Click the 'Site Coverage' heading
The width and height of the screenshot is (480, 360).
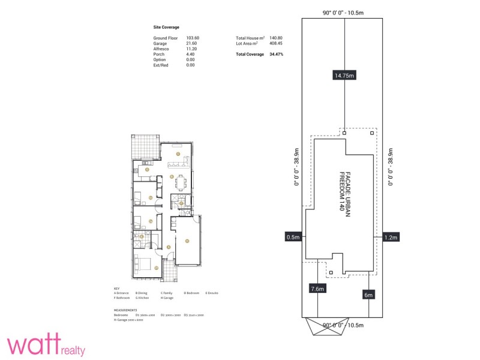[x=166, y=27]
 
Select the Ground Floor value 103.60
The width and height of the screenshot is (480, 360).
[x=193, y=38]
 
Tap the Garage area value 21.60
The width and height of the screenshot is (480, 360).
[x=191, y=43]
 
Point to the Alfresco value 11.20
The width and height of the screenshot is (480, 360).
[x=191, y=49]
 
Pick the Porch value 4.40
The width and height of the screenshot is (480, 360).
[x=190, y=54]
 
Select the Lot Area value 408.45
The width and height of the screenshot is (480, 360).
[x=276, y=43]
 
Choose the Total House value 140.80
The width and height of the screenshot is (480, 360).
[x=276, y=38]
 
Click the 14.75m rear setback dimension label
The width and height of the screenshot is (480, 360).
[x=344, y=76]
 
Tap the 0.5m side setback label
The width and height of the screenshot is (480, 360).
[x=293, y=237]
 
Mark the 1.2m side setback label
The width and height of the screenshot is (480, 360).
[x=390, y=237]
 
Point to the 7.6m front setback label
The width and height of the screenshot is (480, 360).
[x=317, y=289]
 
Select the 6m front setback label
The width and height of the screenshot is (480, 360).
[x=368, y=295]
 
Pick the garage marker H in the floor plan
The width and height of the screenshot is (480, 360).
[x=187, y=241]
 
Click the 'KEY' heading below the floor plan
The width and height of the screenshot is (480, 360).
[x=116, y=287]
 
